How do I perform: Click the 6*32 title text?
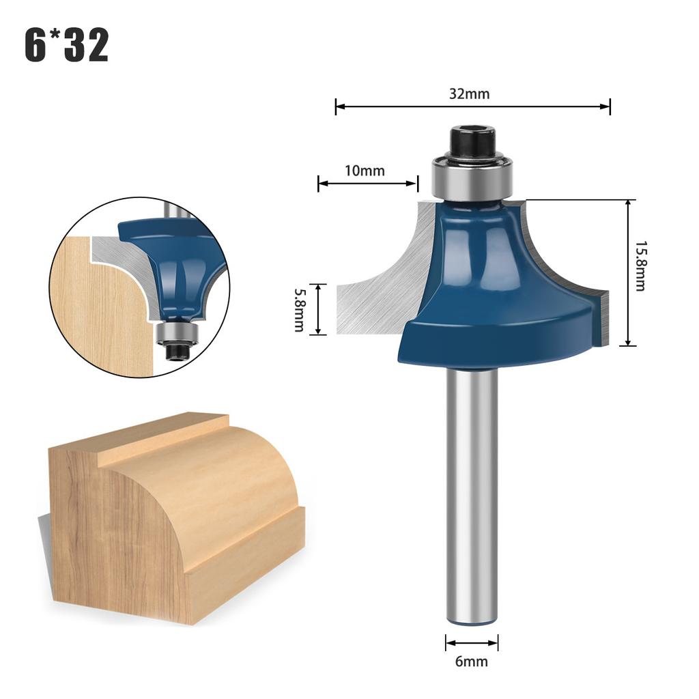(x=66, y=46)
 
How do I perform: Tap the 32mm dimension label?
(x=469, y=94)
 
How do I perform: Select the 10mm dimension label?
(x=364, y=171)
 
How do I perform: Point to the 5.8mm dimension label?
(x=299, y=309)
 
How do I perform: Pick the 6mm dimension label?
(x=472, y=661)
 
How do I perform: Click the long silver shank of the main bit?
(x=472, y=491)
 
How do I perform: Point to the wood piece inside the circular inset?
(x=96, y=307)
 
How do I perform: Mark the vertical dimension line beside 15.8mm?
(x=627, y=273)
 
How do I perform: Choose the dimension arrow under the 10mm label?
(x=367, y=183)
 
